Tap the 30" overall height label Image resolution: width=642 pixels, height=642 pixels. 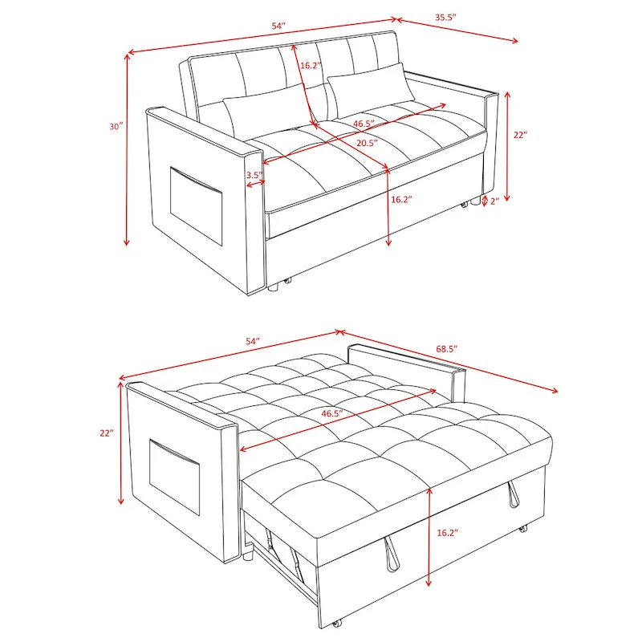tap(117, 126)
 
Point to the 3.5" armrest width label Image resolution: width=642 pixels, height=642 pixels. tap(254, 174)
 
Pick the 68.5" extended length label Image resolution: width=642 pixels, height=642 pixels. tap(446, 349)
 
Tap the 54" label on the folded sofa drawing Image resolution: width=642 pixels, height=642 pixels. tap(278, 26)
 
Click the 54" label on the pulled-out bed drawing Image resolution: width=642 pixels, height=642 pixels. tap(254, 341)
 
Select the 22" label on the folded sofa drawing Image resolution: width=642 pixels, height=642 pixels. tap(519, 136)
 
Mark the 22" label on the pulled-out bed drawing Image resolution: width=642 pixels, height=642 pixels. tap(107, 433)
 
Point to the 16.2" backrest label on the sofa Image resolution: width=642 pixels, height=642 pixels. tap(311, 65)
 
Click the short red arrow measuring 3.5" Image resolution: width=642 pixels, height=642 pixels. tap(256, 185)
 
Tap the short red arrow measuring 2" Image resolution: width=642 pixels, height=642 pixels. tap(484, 200)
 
